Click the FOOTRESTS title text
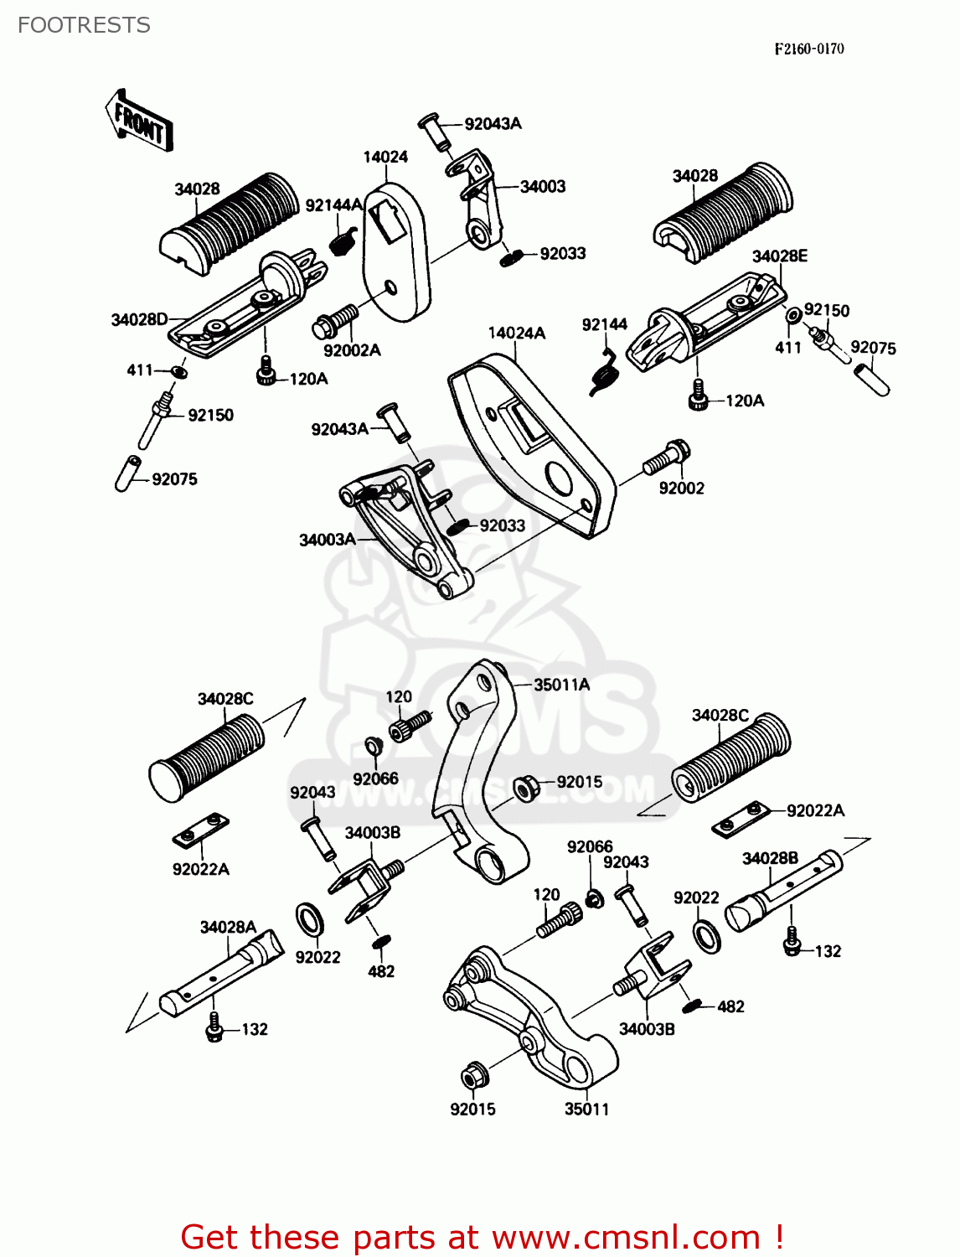tap(84, 25)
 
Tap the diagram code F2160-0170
tap(808, 49)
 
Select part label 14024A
tap(516, 333)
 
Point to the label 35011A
tap(561, 685)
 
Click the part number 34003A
tap(327, 540)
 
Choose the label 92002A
tap(351, 350)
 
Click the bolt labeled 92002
tap(666, 458)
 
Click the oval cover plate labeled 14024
tap(395, 251)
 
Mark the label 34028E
tap(779, 256)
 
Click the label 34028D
tap(139, 319)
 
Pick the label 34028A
tap(227, 927)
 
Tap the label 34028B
tap(770, 858)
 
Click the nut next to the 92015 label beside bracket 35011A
tap(525, 788)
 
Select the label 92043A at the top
tap(493, 124)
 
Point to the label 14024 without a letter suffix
tap(385, 157)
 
